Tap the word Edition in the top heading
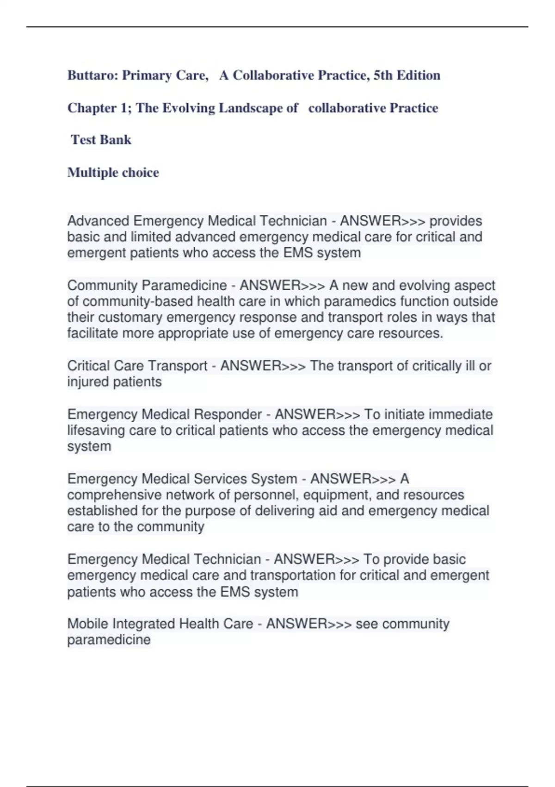[x=418, y=75]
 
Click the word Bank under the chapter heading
[x=118, y=140]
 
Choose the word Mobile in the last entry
[x=88, y=624]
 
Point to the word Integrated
[x=144, y=624]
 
